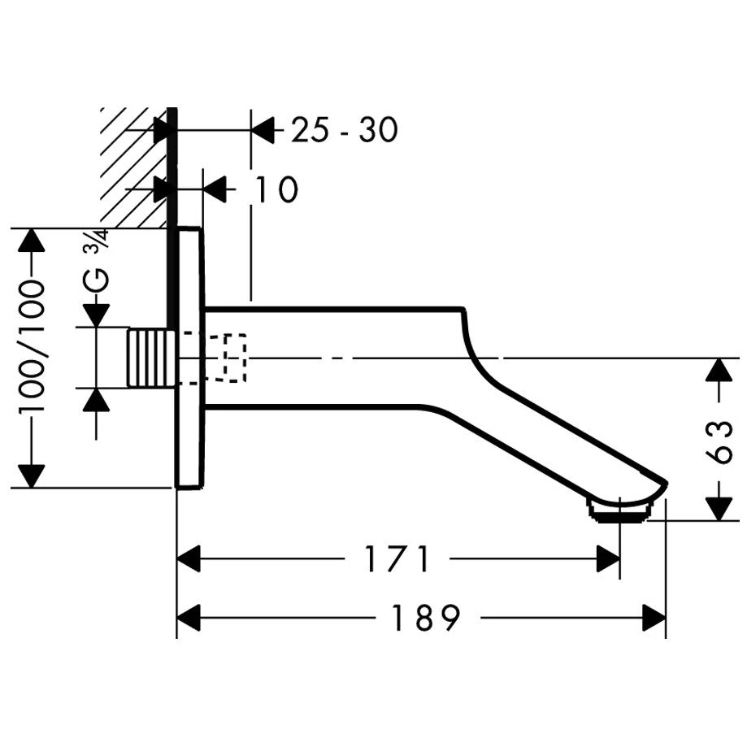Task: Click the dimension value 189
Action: coord(426,619)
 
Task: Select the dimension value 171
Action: coord(396,558)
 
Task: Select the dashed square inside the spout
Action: coord(234,358)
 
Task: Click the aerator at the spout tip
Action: coord(622,511)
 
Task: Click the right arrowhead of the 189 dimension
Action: coord(655,619)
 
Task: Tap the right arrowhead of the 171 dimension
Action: coord(609,558)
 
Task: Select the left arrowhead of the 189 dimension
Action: coord(189,619)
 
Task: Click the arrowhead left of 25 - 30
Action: coord(262,129)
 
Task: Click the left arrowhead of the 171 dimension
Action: coord(189,558)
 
